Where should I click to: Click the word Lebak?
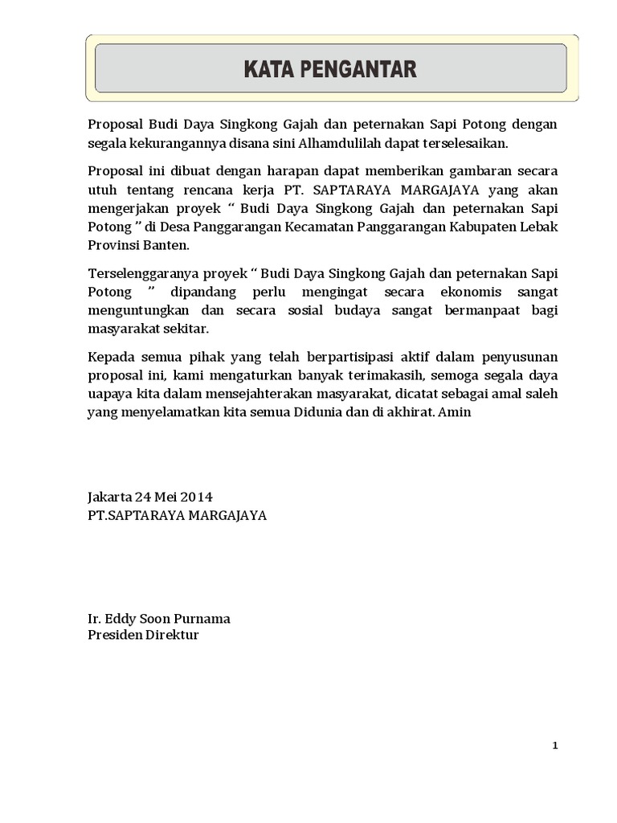coord(537,227)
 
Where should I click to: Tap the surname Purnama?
coord(202,619)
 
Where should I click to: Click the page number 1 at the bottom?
coord(554,746)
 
